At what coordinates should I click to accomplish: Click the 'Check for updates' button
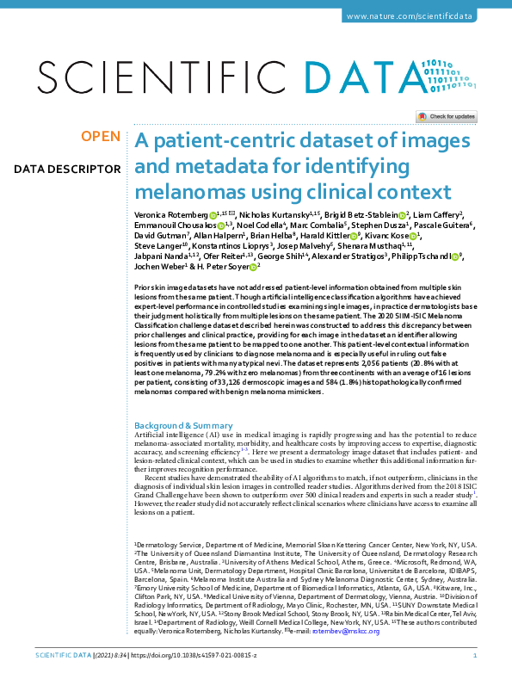pyautogui.click(x=447, y=116)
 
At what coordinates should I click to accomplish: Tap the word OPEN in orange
pyautogui.click(x=101, y=137)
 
